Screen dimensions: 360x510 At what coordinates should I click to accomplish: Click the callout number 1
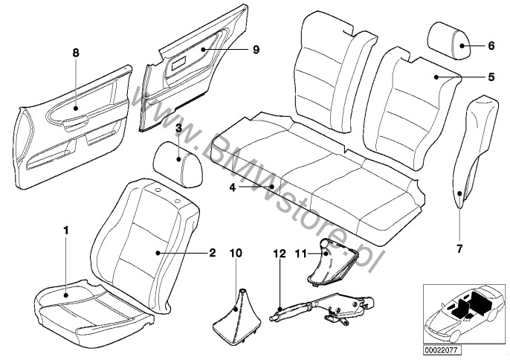pos(66,231)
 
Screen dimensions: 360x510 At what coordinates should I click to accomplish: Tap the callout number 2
pos(212,253)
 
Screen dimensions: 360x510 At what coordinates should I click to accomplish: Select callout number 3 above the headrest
pos(178,129)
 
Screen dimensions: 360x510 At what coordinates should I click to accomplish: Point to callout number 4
pos(232,187)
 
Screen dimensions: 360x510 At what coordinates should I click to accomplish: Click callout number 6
pos(491,46)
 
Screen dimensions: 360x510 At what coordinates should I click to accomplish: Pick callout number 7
pos(459,248)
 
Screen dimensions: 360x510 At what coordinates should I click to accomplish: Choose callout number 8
pos(75,54)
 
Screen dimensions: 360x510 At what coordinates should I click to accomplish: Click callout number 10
pos(236,253)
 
